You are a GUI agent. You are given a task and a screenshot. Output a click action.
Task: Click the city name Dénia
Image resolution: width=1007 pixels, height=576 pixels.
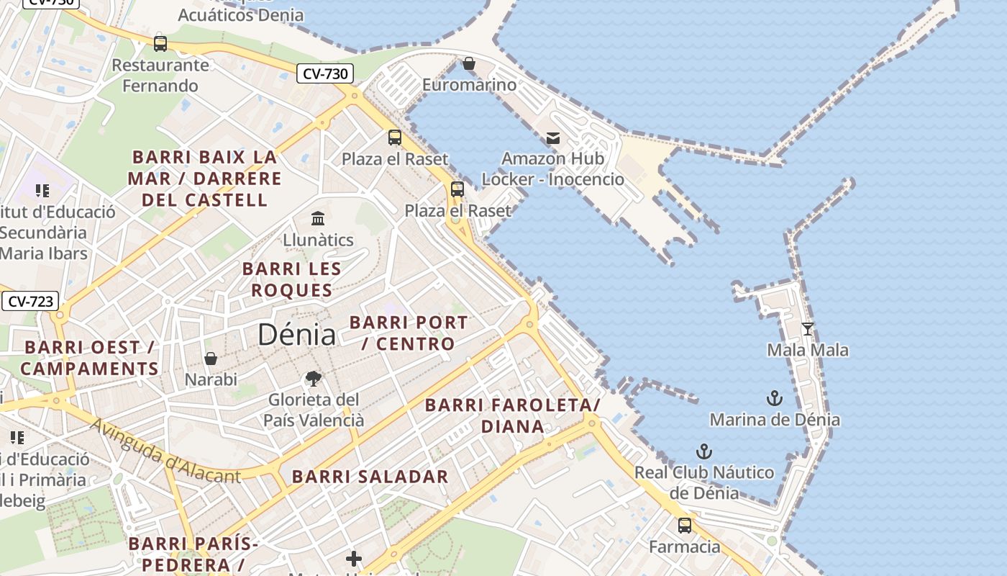(296, 334)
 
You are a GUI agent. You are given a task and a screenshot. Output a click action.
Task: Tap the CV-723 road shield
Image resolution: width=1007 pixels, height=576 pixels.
(29, 301)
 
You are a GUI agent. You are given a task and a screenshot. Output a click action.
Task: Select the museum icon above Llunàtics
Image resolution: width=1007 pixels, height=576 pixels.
(317, 217)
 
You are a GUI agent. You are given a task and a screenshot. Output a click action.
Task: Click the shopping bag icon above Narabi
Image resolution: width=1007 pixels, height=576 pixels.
(211, 358)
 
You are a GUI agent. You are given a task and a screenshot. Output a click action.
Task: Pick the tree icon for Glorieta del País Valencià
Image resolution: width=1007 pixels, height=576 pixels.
(313, 378)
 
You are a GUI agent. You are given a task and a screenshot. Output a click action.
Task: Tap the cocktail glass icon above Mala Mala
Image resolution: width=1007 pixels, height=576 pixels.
(808, 329)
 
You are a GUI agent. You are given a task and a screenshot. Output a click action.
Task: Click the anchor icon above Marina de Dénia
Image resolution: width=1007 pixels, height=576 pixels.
(774, 398)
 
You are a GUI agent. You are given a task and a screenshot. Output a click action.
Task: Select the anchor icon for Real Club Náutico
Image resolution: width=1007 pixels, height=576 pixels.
(704, 452)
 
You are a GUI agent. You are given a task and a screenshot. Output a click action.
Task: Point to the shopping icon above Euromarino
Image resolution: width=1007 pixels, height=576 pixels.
(469, 63)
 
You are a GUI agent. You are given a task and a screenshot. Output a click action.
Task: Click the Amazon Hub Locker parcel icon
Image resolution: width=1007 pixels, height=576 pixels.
(552, 138)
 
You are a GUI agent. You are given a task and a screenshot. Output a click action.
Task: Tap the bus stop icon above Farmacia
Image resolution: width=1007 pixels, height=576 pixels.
(685, 526)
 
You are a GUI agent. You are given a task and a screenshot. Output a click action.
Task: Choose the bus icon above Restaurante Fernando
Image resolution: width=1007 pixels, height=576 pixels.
(160, 43)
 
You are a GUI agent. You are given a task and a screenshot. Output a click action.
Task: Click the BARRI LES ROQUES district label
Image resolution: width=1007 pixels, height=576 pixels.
(291, 279)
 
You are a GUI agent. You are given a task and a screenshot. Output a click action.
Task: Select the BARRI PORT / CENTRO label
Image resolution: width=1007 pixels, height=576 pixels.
(409, 333)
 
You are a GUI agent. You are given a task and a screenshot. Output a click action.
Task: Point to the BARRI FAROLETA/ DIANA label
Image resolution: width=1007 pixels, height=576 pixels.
(512, 415)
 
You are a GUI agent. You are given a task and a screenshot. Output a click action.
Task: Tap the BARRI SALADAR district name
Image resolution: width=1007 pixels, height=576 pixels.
(370, 477)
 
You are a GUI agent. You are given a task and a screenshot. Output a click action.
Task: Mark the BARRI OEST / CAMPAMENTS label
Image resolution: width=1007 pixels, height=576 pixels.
(89, 358)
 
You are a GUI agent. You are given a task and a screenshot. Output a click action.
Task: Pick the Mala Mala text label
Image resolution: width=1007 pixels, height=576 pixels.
(808, 351)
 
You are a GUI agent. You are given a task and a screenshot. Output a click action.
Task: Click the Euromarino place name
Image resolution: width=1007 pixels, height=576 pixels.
(469, 85)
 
